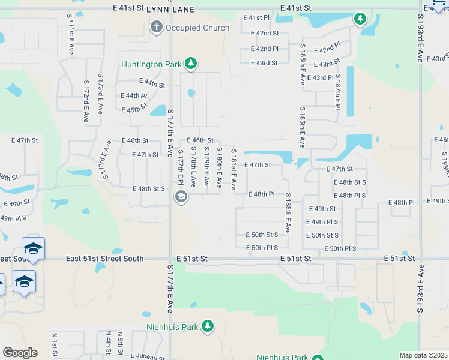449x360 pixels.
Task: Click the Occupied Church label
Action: point(197,28)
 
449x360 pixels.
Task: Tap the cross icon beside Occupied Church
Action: point(156,27)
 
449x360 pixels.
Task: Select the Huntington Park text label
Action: point(151,64)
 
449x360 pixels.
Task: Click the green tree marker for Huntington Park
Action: point(191,63)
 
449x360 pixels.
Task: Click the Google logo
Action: point(20,353)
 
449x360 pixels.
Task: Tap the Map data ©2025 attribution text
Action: point(423,355)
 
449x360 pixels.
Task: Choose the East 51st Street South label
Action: point(105,259)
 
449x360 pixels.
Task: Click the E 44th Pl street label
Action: point(134,95)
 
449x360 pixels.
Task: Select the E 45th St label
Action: point(134,110)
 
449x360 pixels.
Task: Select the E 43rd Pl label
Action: point(320,78)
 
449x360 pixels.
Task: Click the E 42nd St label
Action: point(265,33)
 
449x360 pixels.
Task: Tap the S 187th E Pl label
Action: point(338,91)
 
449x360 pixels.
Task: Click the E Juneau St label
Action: point(147,356)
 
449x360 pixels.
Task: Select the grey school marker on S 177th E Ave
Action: point(181,197)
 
